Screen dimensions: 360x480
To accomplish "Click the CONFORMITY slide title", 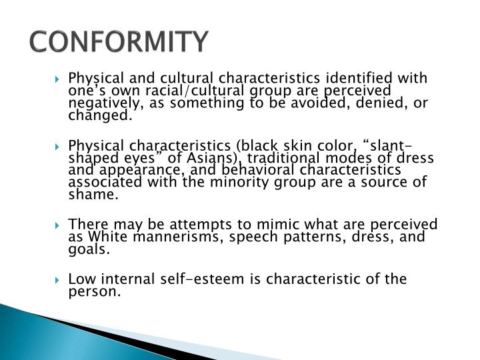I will (119, 41).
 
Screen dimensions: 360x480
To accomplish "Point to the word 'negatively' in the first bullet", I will (99, 103).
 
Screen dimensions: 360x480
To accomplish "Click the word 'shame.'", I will (93, 195).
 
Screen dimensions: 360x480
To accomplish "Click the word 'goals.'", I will (88, 249).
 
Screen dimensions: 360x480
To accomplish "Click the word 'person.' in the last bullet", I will (95, 291).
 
